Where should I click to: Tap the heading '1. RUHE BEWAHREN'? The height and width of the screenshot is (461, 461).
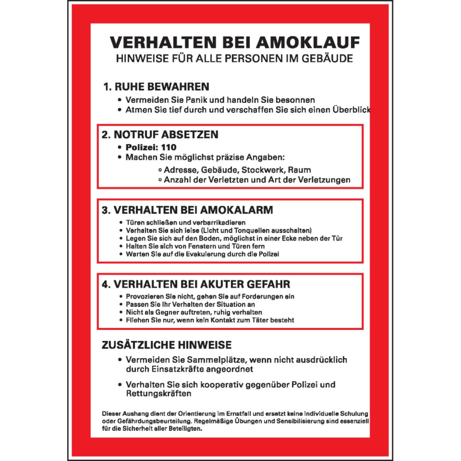[156, 86]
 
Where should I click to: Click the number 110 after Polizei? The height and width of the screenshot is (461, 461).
[169, 147]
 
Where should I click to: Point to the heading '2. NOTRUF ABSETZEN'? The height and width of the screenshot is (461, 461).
[160, 134]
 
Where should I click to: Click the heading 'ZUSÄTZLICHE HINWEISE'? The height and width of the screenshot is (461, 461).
[166, 345]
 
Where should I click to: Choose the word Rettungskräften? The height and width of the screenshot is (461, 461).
[158, 394]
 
